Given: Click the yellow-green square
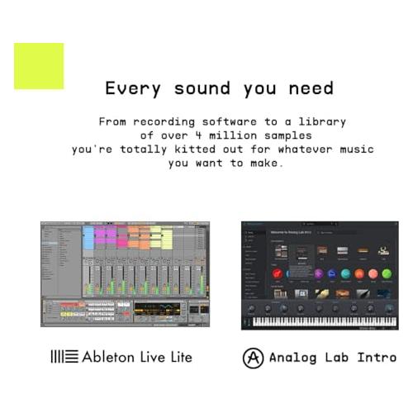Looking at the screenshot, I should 39,66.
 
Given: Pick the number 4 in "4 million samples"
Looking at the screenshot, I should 202,135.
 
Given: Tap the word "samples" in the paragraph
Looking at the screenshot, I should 287,135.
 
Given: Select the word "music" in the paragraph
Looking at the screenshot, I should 354,150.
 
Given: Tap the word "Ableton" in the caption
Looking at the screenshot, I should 111,357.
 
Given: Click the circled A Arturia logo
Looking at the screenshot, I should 253,358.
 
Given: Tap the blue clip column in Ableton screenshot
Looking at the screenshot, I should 88,238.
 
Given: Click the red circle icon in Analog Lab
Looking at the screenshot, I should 278,273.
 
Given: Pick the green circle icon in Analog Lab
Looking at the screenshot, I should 386,273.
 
